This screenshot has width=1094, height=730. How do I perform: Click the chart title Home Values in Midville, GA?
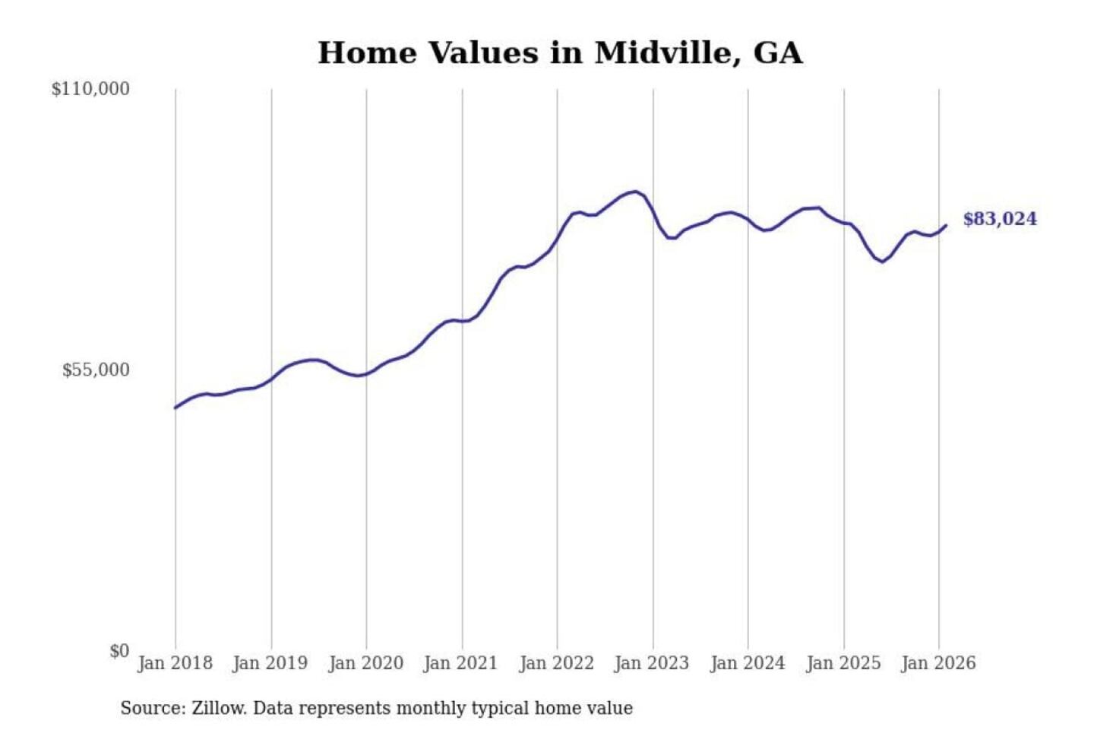[x=560, y=53]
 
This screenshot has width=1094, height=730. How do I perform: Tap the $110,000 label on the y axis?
[x=90, y=89]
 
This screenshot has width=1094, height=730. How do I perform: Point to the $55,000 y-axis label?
[x=96, y=370]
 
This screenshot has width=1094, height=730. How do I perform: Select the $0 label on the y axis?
[x=119, y=651]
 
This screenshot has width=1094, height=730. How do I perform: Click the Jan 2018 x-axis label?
[x=175, y=663]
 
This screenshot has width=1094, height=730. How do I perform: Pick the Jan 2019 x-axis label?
[x=270, y=663]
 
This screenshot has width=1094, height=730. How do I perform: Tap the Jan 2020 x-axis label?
[x=365, y=663]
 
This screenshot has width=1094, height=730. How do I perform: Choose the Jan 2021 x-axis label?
[x=460, y=663]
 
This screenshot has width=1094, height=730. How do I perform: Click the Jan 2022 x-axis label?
[x=556, y=663]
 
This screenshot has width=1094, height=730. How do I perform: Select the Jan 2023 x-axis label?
[x=651, y=663]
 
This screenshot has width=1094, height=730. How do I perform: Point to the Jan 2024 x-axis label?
[x=747, y=663]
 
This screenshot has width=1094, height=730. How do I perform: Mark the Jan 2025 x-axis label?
[x=843, y=663]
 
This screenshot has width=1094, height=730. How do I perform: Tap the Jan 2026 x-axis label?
[x=937, y=663]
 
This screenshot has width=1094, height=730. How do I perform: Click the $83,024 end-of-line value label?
[x=999, y=219]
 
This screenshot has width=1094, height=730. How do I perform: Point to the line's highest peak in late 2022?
[x=635, y=192]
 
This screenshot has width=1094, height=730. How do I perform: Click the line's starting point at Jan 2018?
[x=175, y=408]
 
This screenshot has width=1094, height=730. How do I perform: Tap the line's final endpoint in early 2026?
[x=946, y=225]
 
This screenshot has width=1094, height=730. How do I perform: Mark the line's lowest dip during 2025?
[x=882, y=262]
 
